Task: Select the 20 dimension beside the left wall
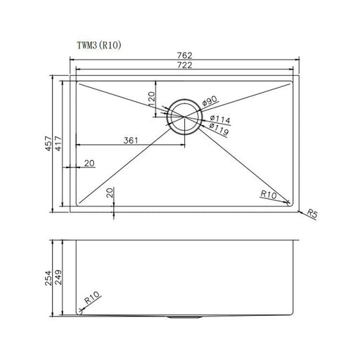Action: tap(89, 163)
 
